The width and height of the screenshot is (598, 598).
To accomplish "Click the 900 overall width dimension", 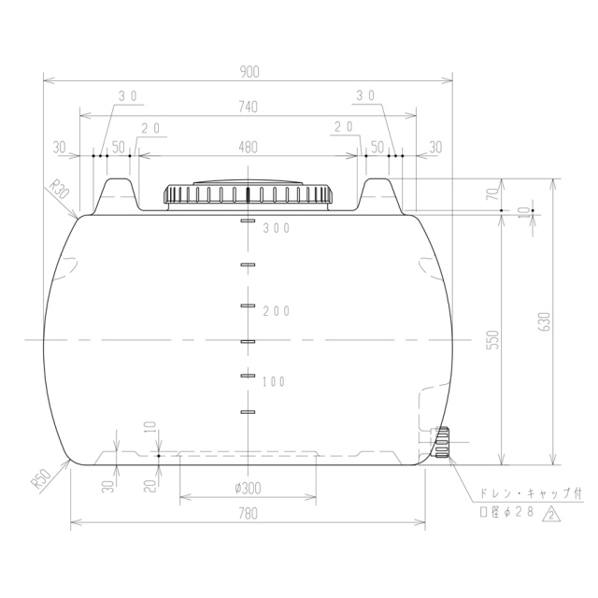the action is [x=249, y=72].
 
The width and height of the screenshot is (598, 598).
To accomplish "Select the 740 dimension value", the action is [x=249, y=107].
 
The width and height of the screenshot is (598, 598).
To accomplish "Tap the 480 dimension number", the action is [x=249, y=148].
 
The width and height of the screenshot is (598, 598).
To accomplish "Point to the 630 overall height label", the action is [x=546, y=321].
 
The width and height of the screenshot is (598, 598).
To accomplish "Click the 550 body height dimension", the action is [x=493, y=339].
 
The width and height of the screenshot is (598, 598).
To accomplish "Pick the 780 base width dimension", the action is [x=249, y=514].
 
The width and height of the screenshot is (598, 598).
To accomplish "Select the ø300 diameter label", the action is [x=248, y=488].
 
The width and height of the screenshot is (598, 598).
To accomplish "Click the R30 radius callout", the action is [x=59, y=190].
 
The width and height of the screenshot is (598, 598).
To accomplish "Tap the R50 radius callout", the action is [x=41, y=479].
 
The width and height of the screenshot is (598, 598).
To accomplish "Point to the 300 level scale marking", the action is [x=277, y=228].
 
